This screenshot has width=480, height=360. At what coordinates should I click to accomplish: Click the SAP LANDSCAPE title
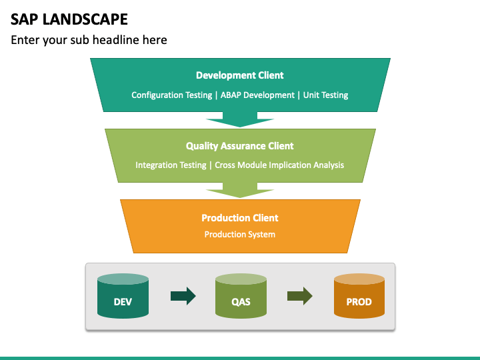69,19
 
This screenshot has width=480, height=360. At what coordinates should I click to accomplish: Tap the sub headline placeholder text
89,40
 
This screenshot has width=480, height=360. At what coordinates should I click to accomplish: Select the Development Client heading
240,75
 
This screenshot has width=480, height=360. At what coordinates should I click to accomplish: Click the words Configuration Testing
172,95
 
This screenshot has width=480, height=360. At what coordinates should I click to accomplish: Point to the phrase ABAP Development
257,95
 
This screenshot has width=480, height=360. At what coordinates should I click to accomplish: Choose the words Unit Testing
325,95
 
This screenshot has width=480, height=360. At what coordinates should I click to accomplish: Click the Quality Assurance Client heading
240,146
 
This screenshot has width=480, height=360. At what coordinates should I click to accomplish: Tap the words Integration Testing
171,165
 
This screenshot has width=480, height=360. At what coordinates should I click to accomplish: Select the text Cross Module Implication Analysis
279,165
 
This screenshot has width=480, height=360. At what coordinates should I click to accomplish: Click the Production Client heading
240,218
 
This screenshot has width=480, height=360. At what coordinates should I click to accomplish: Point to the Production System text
240,235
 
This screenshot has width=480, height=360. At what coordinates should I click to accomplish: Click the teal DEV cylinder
123,296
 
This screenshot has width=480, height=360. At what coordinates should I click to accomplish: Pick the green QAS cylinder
241,296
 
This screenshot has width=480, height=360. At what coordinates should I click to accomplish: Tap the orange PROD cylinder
359,296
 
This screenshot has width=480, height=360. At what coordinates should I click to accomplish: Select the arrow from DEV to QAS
183,296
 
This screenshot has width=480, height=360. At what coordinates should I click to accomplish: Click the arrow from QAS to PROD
300,296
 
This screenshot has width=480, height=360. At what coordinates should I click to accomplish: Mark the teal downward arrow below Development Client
240,119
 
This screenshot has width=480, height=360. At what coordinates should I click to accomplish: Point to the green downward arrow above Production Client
240,190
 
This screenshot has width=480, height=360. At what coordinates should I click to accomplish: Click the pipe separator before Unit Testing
299,95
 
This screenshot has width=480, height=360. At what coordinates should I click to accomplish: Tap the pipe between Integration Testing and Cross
210,165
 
